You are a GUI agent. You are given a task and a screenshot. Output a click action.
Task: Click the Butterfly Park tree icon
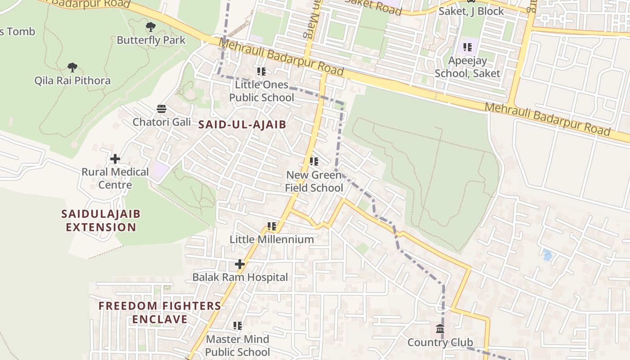click(151, 27)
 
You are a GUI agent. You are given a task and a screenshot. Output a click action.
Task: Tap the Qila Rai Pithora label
click(72, 81)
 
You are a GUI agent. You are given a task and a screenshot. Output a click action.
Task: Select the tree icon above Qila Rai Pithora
click(72, 67)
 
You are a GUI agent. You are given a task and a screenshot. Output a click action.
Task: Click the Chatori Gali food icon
click(162, 108)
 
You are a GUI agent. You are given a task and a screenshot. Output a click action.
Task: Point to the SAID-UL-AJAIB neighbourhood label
click(243, 125)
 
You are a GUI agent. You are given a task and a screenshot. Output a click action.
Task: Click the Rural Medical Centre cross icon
click(115, 159)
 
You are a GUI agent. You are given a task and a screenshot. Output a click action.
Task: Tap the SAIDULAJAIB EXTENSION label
click(101, 220)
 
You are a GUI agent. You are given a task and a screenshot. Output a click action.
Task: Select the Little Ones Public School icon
click(261, 71)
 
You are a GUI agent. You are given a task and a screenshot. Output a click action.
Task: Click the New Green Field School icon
click(314, 161)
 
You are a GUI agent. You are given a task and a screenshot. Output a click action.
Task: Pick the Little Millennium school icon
click(272, 226)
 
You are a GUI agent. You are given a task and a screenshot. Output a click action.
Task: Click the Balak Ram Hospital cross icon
click(240, 264)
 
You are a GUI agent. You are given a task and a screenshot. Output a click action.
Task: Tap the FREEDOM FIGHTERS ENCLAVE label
click(160, 312)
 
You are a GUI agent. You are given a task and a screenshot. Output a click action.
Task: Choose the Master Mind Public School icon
click(238, 325)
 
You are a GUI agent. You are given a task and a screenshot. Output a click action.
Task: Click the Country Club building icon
click(440, 329)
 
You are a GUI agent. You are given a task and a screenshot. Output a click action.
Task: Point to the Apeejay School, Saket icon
click(468, 47)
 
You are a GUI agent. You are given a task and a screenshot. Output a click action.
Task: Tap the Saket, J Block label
click(471, 11)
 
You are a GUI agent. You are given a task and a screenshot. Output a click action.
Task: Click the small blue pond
click(547, 255)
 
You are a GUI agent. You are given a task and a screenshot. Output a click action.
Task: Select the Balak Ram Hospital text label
click(240, 277)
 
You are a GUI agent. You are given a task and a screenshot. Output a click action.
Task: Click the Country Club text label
click(440, 342)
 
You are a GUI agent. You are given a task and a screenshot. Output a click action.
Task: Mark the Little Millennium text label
click(272, 239)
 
